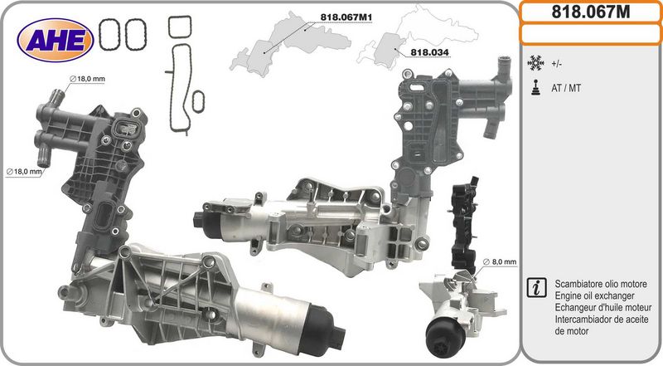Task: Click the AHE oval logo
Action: coord(55,40)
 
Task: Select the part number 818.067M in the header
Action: coord(591,12)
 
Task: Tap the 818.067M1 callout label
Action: coord(346,17)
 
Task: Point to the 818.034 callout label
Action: coord(429,52)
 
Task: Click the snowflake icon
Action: coord(535,64)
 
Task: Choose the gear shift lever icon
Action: coord(535,88)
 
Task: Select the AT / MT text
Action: coord(566,88)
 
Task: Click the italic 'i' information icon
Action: coord(536,288)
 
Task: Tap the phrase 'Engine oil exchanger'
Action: coord(594,295)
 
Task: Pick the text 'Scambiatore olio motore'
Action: coord(601,284)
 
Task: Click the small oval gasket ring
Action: coord(198,101)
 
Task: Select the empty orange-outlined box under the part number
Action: coord(591,34)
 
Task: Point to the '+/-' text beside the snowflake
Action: coord(556,65)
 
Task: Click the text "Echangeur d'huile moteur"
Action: coord(603,308)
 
